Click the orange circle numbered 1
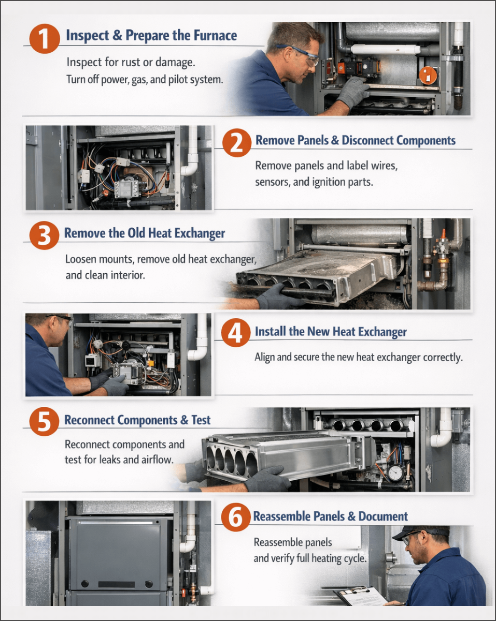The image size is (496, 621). point(45,39)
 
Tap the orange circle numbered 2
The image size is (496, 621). point(237,143)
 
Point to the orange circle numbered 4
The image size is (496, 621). point(236,333)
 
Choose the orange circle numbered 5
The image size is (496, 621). point(44,421)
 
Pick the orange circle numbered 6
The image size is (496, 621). point(236,517)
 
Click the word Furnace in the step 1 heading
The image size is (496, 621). point(215,36)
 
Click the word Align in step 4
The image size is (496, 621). point(264,357)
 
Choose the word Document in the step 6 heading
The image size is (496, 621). point(383,516)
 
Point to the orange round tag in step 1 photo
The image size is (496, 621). point(428,75)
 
